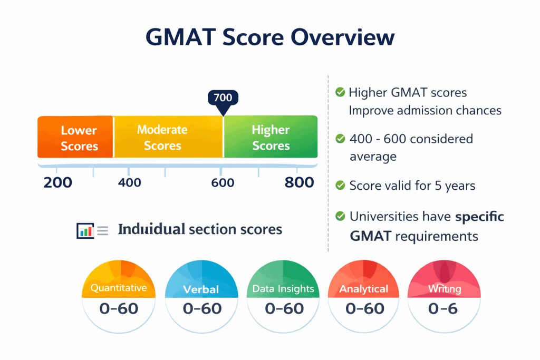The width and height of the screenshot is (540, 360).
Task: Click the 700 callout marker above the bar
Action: click(x=223, y=98)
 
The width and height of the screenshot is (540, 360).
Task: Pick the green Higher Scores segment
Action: click(x=271, y=137)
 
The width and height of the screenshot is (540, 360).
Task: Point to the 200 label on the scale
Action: click(x=57, y=182)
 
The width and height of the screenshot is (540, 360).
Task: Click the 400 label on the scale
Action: click(x=129, y=182)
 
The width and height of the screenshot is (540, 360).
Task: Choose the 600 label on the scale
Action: click(x=223, y=182)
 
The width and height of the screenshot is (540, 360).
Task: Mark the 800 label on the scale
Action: click(x=299, y=182)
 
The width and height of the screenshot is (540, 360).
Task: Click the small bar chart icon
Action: click(x=85, y=230)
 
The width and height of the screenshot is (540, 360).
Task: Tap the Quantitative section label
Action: click(x=118, y=288)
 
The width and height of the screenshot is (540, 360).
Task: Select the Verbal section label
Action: click(x=201, y=289)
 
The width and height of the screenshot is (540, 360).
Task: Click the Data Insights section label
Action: click(x=283, y=289)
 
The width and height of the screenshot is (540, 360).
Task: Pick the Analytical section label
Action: click(x=364, y=289)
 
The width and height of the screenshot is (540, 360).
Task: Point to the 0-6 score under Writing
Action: click(x=442, y=308)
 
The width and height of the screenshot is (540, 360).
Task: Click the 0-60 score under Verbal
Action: click(x=202, y=308)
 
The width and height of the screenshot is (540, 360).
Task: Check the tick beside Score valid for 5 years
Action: click(x=340, y=185)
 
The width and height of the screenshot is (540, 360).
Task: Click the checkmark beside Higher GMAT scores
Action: click(x=340, y=92)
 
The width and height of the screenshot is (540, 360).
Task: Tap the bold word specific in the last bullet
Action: click(x=479, y=217)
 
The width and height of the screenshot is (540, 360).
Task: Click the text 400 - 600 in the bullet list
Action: click(x=379, y=139)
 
